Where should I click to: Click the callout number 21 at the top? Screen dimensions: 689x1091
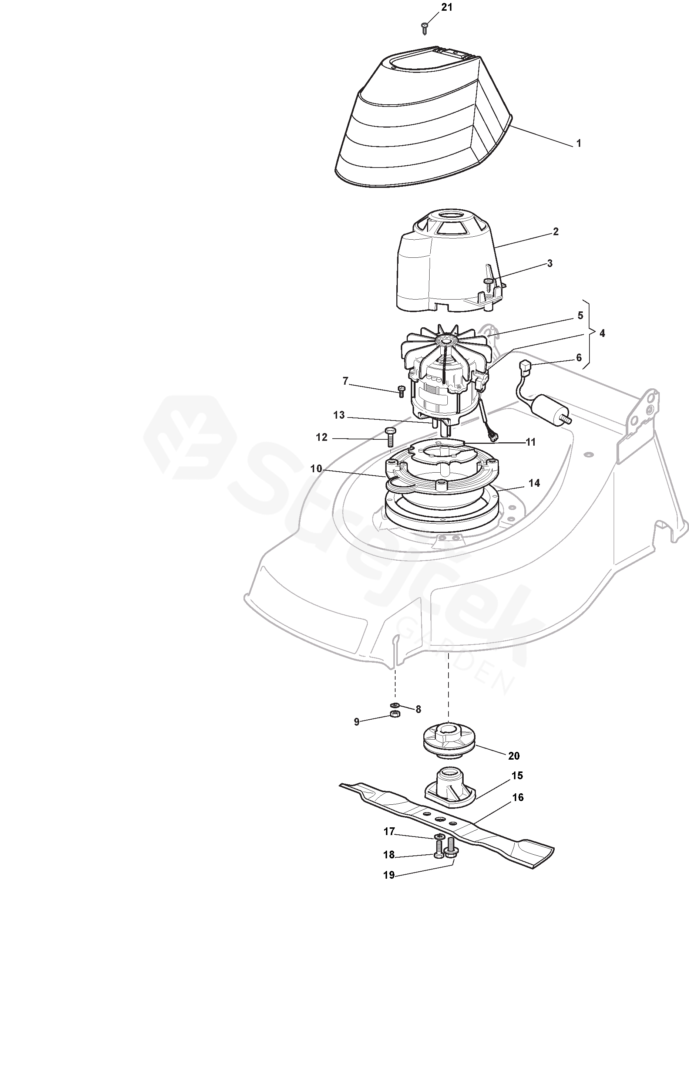447,8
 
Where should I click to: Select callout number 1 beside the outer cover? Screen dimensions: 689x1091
578,143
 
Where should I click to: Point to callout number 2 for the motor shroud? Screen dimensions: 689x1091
556,232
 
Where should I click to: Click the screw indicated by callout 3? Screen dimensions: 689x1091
488,284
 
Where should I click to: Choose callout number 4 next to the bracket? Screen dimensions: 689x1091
602,334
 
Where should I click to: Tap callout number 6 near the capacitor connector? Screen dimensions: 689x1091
578,358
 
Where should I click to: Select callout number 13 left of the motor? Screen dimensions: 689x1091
339,415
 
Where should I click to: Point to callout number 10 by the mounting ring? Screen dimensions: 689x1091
316,469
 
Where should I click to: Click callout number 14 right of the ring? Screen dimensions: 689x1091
534,483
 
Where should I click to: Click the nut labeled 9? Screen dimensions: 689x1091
394,715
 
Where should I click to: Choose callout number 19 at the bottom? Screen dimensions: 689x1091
389,875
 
